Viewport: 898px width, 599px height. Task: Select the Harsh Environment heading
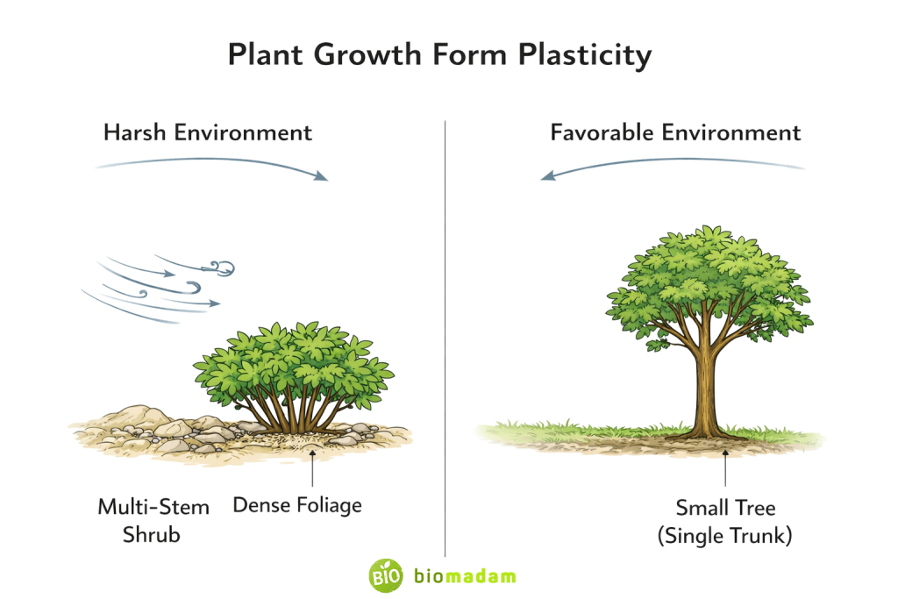[208, 132]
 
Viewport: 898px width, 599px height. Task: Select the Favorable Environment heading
[675, 132]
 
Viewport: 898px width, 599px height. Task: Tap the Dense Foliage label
[296, 505]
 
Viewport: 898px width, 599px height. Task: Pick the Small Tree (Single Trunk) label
[724, 521]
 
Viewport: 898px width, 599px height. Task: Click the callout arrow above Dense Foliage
[313, 465]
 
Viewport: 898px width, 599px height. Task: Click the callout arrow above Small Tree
[725, 465]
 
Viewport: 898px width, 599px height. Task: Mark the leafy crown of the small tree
[709, 281]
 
